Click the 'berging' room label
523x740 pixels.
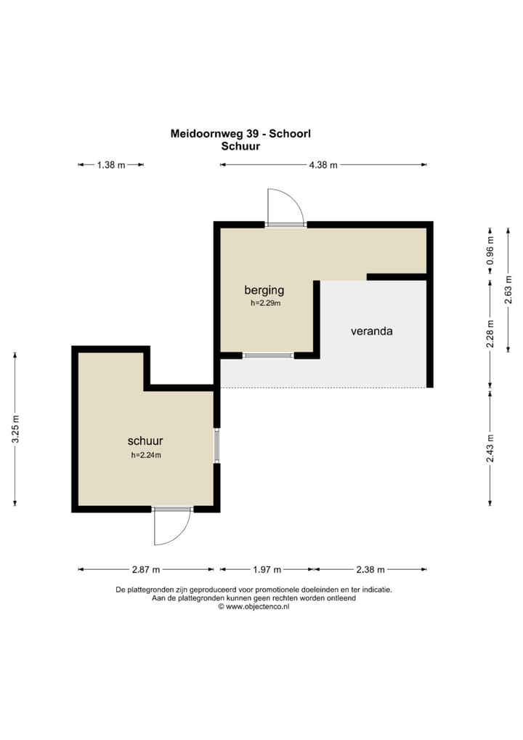264,290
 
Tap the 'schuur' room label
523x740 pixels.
145,441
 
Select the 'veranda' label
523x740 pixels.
372,331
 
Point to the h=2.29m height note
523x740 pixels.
266,303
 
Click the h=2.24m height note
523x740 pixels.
146,456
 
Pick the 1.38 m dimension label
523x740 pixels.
111,165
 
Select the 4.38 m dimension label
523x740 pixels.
323,165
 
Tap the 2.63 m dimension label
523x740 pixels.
508,290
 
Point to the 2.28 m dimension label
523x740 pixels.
490,334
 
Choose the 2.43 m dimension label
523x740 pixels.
490,449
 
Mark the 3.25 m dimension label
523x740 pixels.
15,429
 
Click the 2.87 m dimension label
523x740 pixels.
146,570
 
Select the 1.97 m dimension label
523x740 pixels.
267,570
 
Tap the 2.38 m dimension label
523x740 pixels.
370,570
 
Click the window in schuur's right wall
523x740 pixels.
217,446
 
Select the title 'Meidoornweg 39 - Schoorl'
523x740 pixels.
240,134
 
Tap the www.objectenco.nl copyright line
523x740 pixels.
254,607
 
